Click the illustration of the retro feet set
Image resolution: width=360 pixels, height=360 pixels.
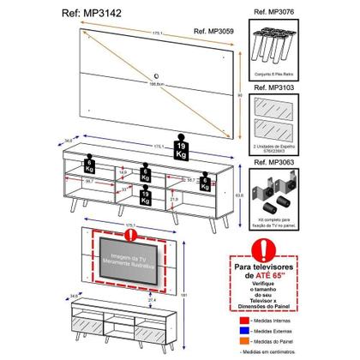tap(279, 41)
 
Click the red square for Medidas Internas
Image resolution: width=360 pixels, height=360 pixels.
tap(246, 316)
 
